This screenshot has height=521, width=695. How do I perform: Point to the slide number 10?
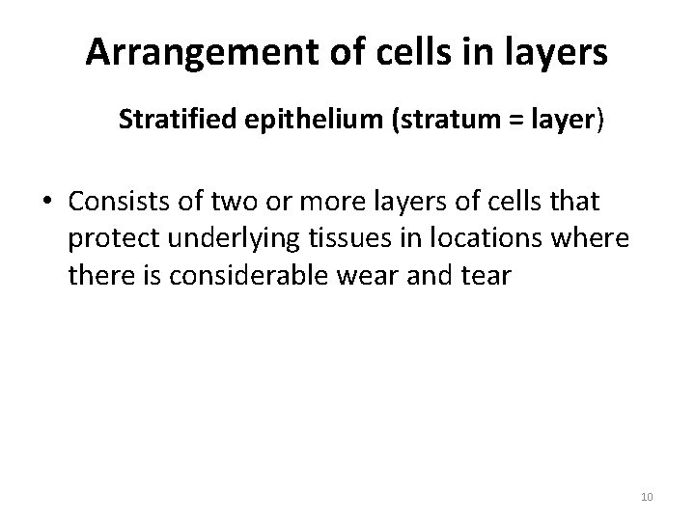[x=647, y=496]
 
